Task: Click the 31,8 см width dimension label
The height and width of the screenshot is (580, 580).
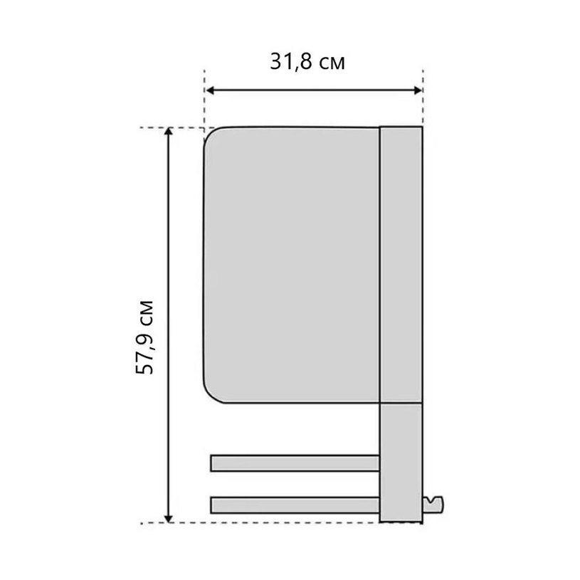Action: pos(307,62)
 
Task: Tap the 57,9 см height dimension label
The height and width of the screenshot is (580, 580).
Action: pos(144,337)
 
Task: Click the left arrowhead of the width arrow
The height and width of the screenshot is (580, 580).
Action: pos(211,90)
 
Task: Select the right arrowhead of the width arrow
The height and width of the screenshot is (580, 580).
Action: pos(417,90)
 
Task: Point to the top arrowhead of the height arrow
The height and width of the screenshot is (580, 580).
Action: pos(168,132)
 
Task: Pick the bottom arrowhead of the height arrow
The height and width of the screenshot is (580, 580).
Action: pos(168,519)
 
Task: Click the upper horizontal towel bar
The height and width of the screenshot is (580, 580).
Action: pos(295,463)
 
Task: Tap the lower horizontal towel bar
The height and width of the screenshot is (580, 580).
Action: pos(295,505)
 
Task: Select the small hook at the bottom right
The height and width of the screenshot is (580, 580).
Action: pos(433,505)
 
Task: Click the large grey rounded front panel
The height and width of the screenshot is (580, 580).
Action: pos(292,265)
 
